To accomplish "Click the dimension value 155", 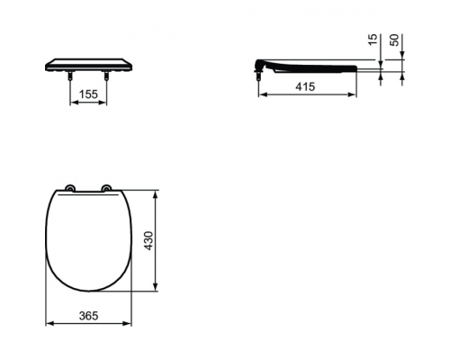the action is click(88, 94).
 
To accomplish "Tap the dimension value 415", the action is click(305, 86).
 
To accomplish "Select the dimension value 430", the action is click(148, 241).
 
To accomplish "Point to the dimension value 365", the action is click(89, 316).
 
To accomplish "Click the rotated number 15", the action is click(372, 40).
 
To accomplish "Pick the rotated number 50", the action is click(395, 40).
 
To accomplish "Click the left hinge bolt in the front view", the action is click(70, 76).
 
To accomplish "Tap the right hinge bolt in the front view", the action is click(106, 76).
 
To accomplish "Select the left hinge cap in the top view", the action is click(71, 188).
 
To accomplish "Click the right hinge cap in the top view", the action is click(106, 188).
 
